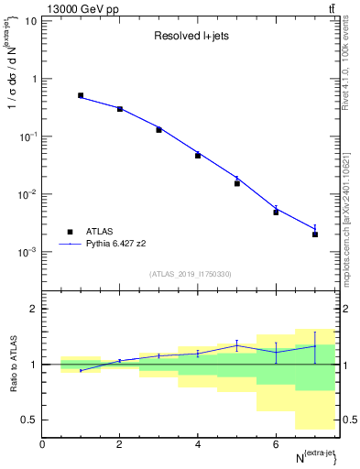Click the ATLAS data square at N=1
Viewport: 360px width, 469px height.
pos(81,95)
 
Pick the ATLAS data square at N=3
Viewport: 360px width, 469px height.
pos(158,129)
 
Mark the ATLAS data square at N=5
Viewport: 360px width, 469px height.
pos(236,183)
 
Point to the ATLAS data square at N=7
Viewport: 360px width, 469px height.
pos(314,234)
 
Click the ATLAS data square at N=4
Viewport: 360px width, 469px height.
pos(198,155)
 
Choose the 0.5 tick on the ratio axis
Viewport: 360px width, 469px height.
pos(29,420)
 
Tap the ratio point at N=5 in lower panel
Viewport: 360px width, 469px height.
pos(236,345)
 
